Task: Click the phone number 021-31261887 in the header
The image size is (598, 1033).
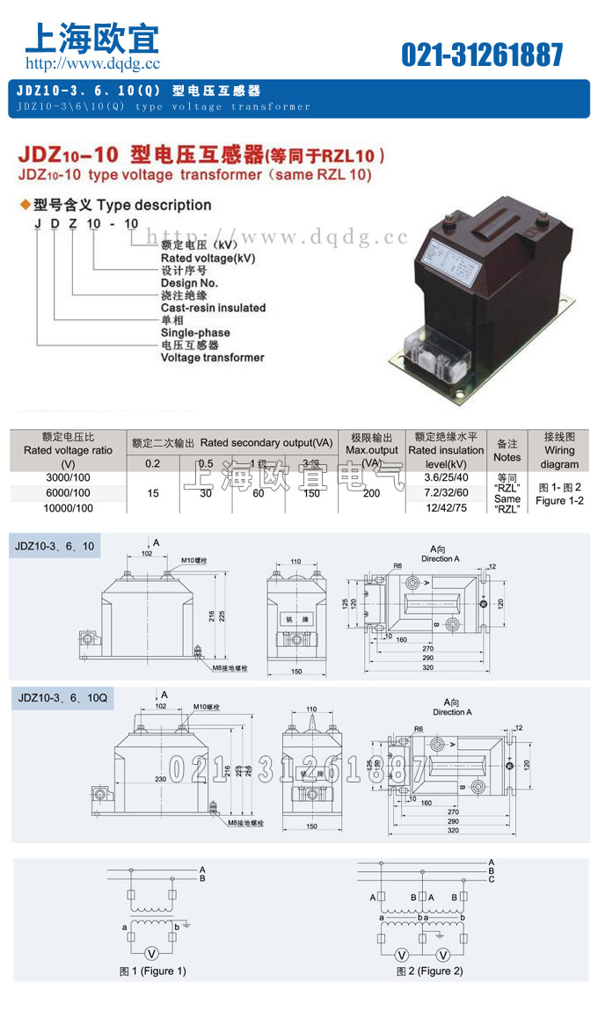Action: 482,55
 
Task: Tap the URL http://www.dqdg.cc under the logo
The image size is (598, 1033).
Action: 92,63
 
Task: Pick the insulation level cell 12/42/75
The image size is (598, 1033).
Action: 446,508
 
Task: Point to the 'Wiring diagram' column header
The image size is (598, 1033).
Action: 559,450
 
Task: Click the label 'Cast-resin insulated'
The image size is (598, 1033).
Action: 213,308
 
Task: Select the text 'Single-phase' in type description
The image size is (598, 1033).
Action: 195,332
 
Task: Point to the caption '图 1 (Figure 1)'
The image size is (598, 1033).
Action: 153,971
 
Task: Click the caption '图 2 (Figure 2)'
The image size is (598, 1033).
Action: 429,971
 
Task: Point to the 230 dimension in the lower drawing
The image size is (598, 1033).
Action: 159,778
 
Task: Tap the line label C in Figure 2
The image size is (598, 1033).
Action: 491,879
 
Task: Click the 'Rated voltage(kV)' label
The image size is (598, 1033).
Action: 208,258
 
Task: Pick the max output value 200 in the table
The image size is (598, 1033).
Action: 371,493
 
